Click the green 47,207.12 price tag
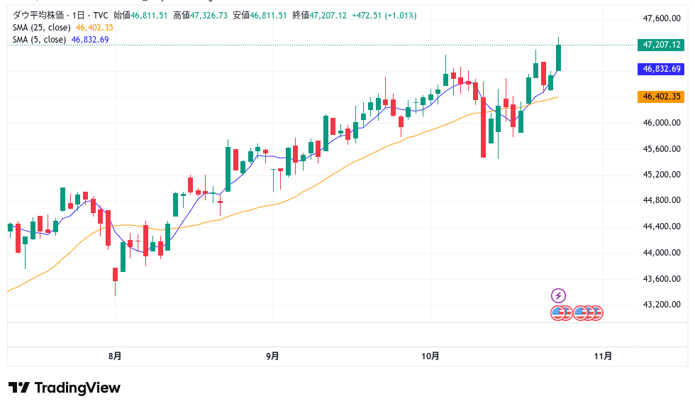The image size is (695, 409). tap(661, 44)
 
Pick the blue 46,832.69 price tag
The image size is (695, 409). tap(661, 69)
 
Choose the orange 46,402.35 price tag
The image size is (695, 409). tap(661, 97)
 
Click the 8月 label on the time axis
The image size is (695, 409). tap(115, 356)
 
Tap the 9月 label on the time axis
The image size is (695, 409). tap(272, 356)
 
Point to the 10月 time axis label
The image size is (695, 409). tap(430, 356)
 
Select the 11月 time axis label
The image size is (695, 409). tap(603, 356)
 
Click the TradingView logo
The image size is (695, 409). tap(65, 388)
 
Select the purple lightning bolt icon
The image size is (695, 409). tap(558, 295)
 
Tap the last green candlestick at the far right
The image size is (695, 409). tap(559, 58)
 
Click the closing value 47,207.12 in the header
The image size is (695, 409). tap(326, 15)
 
